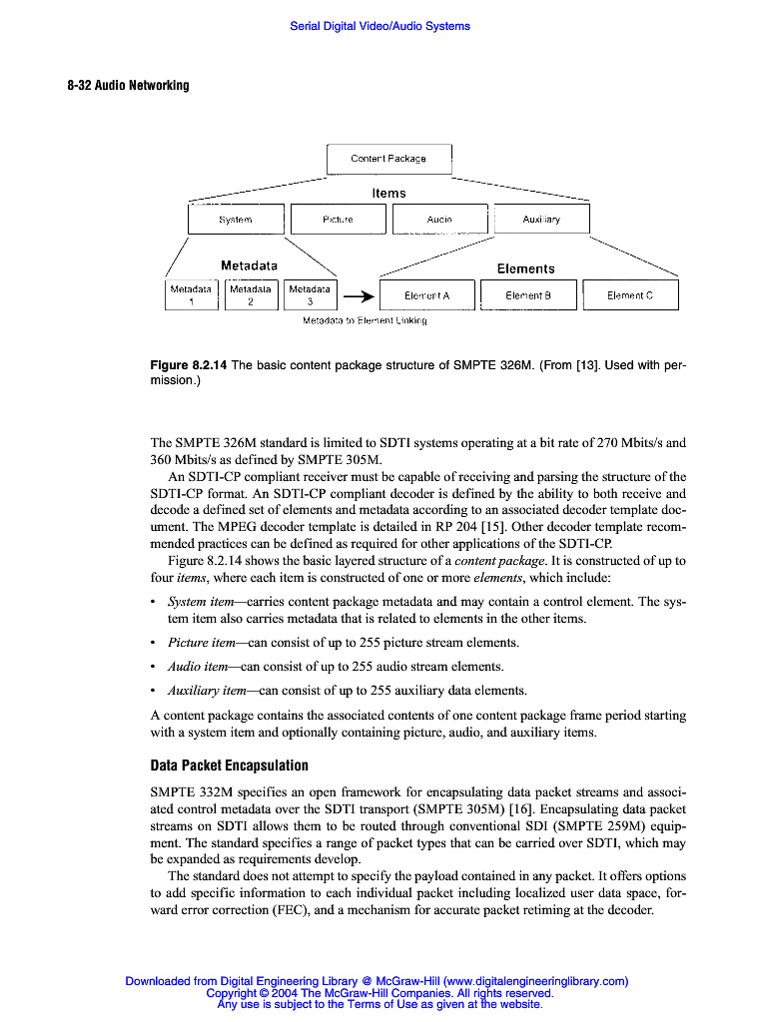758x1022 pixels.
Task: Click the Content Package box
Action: point(388,159)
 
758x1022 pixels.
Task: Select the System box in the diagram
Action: point(236,220)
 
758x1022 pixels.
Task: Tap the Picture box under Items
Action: point(338,220)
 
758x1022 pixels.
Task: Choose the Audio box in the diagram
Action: point(439,220)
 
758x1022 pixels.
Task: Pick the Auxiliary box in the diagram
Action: point(541,220)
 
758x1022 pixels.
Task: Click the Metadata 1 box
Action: point(191,294)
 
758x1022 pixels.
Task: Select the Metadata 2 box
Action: point(251,294)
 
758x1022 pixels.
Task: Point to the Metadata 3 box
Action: point(311,294)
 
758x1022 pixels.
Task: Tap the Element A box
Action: point(426,295)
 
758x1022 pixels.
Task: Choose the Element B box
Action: point(528,295)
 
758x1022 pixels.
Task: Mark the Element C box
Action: point(630,295)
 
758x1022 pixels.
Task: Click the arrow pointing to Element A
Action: point(360,296)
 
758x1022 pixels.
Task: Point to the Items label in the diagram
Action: point(388,193)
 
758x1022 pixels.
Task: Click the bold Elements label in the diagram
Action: point(525,268)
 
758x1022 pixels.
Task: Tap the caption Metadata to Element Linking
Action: point(365,320)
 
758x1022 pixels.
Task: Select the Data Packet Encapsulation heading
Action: point(229,766)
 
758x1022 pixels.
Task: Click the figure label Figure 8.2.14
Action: point(188,365)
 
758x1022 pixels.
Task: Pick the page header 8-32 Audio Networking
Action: point(128,85)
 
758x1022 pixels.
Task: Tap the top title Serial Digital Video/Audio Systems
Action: point(379,26)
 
